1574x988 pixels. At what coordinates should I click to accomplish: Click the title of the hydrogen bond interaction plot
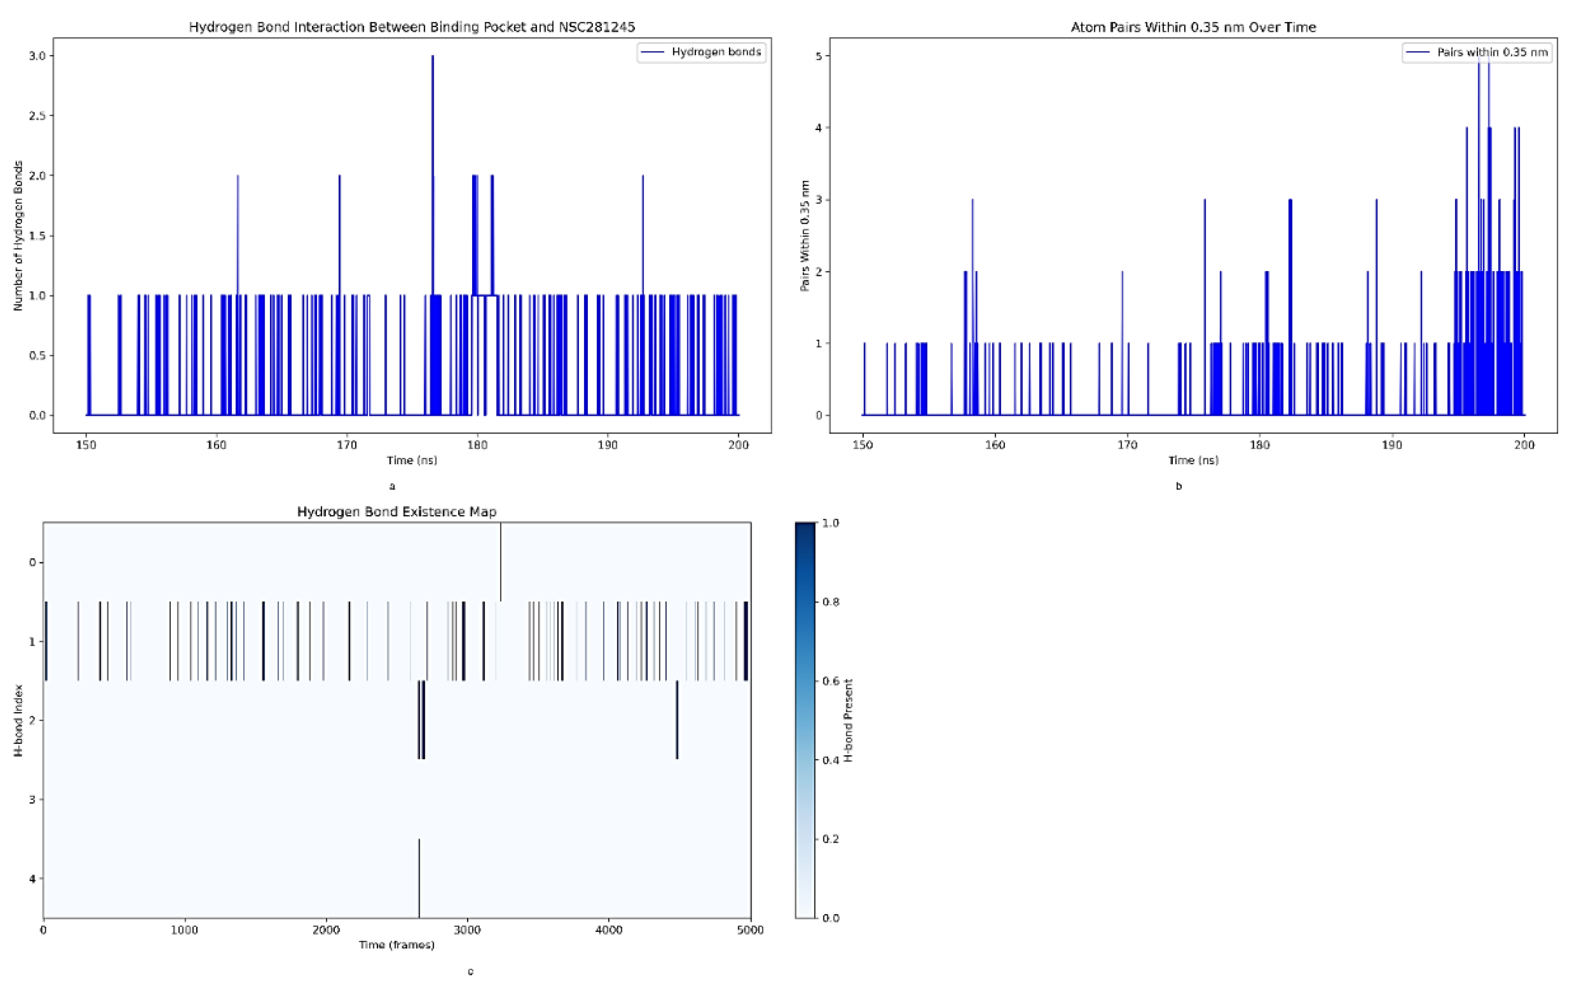click(x=412, y=27)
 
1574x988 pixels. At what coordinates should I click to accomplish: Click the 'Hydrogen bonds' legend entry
click(x=716, y=52)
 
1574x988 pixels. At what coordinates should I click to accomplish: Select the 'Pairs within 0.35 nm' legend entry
click(x=1492, y=52)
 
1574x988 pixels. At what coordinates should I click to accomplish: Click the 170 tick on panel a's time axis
click(x=346, y=445)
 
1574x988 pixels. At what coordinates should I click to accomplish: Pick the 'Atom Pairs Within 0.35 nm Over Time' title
click(x=1193, y=27)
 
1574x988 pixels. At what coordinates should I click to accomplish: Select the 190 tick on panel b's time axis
click(x=1391, y=445)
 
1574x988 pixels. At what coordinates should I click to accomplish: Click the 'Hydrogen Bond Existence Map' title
click(x=397, y=512)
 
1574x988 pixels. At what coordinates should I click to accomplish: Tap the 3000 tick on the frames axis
click(x=467, y=930)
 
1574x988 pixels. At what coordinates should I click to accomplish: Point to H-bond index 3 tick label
click(x=33, y=799)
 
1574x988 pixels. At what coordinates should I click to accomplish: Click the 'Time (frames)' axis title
click(x=397, y=945)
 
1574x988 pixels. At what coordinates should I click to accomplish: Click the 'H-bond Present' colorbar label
click(x=849, y=720)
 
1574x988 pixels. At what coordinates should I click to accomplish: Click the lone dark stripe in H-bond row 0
click(x=501, y=562)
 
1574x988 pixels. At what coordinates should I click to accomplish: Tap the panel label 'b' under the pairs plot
click(x=1179, y=486)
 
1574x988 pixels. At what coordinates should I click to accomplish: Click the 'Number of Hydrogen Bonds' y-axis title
click(x=18, y=235)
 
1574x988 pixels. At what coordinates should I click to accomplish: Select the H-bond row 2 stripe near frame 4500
click(x=677, y=720)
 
